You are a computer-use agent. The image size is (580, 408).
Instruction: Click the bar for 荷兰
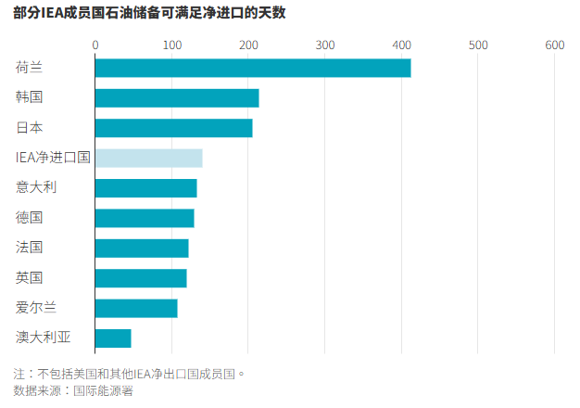pyautogui.click(x=253, y=68)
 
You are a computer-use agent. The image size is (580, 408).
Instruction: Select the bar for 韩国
pyautogui.click(x=177, y=97)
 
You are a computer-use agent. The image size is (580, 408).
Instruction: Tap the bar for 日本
pyautogui.click(x=174, y=128)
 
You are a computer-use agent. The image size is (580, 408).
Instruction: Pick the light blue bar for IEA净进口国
pyautogui.click(x=149, y=158)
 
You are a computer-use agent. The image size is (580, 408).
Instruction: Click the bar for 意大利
pyautogui.click(x=146, y=188)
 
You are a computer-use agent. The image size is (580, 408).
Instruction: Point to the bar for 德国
pyautogui.click(x=145, y=218)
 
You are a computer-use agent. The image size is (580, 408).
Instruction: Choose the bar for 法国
pyautogui.click(x=142, y=248)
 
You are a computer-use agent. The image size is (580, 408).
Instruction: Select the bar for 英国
pyautogui.click(x=141, y=278)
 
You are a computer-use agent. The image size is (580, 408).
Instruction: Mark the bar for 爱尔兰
pyautogui.click(x=136, y=308)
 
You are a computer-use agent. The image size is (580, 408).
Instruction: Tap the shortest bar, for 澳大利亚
pyautogui.click(x=113, y=338)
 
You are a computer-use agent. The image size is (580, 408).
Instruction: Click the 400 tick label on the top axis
pyautogui.click(x=401, y=45)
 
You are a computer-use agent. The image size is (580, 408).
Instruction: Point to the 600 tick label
pyautogui.click(x=554, y=45)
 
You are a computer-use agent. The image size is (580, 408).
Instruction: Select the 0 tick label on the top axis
pyautogui.click(x=95, y=45)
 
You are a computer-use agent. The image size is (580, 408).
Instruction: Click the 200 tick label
pyautogui.click(x=248, y=45)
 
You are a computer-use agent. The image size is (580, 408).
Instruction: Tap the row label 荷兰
pyautogui.click(x=29, y=68)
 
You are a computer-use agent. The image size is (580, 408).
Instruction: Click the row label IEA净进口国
pyautogui.click(x=53, y=158)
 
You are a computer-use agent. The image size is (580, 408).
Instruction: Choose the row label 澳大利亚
pyautogui.click(x=42, y=338)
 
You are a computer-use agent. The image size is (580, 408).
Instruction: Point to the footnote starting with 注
pyautogui.click(x=129, y=375)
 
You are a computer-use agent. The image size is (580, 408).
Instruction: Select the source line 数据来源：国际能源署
pyautogui.click(x=73, y=391)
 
